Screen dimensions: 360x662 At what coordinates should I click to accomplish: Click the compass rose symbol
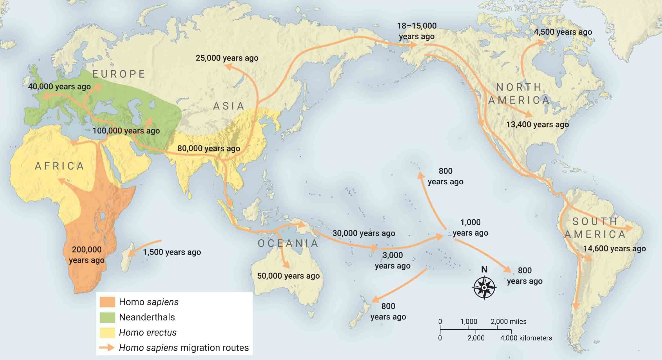click(x=484, y=288)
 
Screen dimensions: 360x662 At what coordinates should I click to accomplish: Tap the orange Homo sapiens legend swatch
click(x=107, y=302)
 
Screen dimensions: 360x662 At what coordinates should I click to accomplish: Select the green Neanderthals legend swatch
click(x=107, y=317)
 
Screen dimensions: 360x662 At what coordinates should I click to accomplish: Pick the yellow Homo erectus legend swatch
click(x=107, y=332)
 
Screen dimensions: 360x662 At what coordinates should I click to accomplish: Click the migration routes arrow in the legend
click(x=107, y=348)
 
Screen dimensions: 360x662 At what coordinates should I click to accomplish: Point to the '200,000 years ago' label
click(x=86, y=255)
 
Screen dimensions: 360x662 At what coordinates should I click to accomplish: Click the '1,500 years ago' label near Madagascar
click(x=172, y=252)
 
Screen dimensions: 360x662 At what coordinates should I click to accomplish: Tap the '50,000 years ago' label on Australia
click(x=288, y=276)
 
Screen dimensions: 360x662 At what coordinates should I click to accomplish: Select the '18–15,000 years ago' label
click(x=417, y=31)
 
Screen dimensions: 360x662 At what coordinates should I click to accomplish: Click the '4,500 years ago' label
click(x=563, y=32)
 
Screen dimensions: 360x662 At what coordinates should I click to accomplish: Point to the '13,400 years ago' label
click(x=537, y=124)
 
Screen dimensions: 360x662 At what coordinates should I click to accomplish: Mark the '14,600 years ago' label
click(x=614, y=249)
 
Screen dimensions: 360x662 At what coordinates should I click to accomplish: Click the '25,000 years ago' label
click(x=227, y=58)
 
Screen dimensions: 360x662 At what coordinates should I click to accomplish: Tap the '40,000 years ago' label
click(x=59, y=87)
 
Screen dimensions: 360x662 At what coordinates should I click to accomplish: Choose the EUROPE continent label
click(x=119, y=74)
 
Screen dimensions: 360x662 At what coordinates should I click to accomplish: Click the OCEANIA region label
click(x=288, y=243)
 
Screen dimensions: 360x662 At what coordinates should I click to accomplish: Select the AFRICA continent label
click(x=59, y=166)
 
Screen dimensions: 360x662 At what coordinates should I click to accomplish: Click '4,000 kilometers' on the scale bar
click(x=526, y=338)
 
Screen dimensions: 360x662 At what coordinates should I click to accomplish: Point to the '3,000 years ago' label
click(x=393, y=260)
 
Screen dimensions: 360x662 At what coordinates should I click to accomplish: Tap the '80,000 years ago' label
click(x=209, y=149)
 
